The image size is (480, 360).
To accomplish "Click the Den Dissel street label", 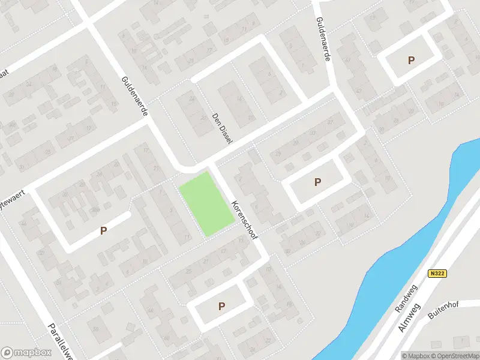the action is click(x=221, y=128).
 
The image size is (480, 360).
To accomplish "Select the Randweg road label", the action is click(x=406, y=299).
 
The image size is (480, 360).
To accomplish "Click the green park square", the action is click(x=206, y=203).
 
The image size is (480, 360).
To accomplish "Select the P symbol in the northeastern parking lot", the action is click(x=411, y=60).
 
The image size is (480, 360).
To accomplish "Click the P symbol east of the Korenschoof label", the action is click(x=317, y=182).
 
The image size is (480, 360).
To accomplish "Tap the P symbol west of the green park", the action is click(x=103, y=230).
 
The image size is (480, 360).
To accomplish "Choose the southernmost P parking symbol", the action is click(x=221, y=306).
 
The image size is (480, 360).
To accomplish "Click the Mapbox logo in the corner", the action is click(x=25, y=353).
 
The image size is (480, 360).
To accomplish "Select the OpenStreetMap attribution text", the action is click(x=455, y=356).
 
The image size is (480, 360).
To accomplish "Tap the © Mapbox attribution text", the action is click(x=416, y=356).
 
